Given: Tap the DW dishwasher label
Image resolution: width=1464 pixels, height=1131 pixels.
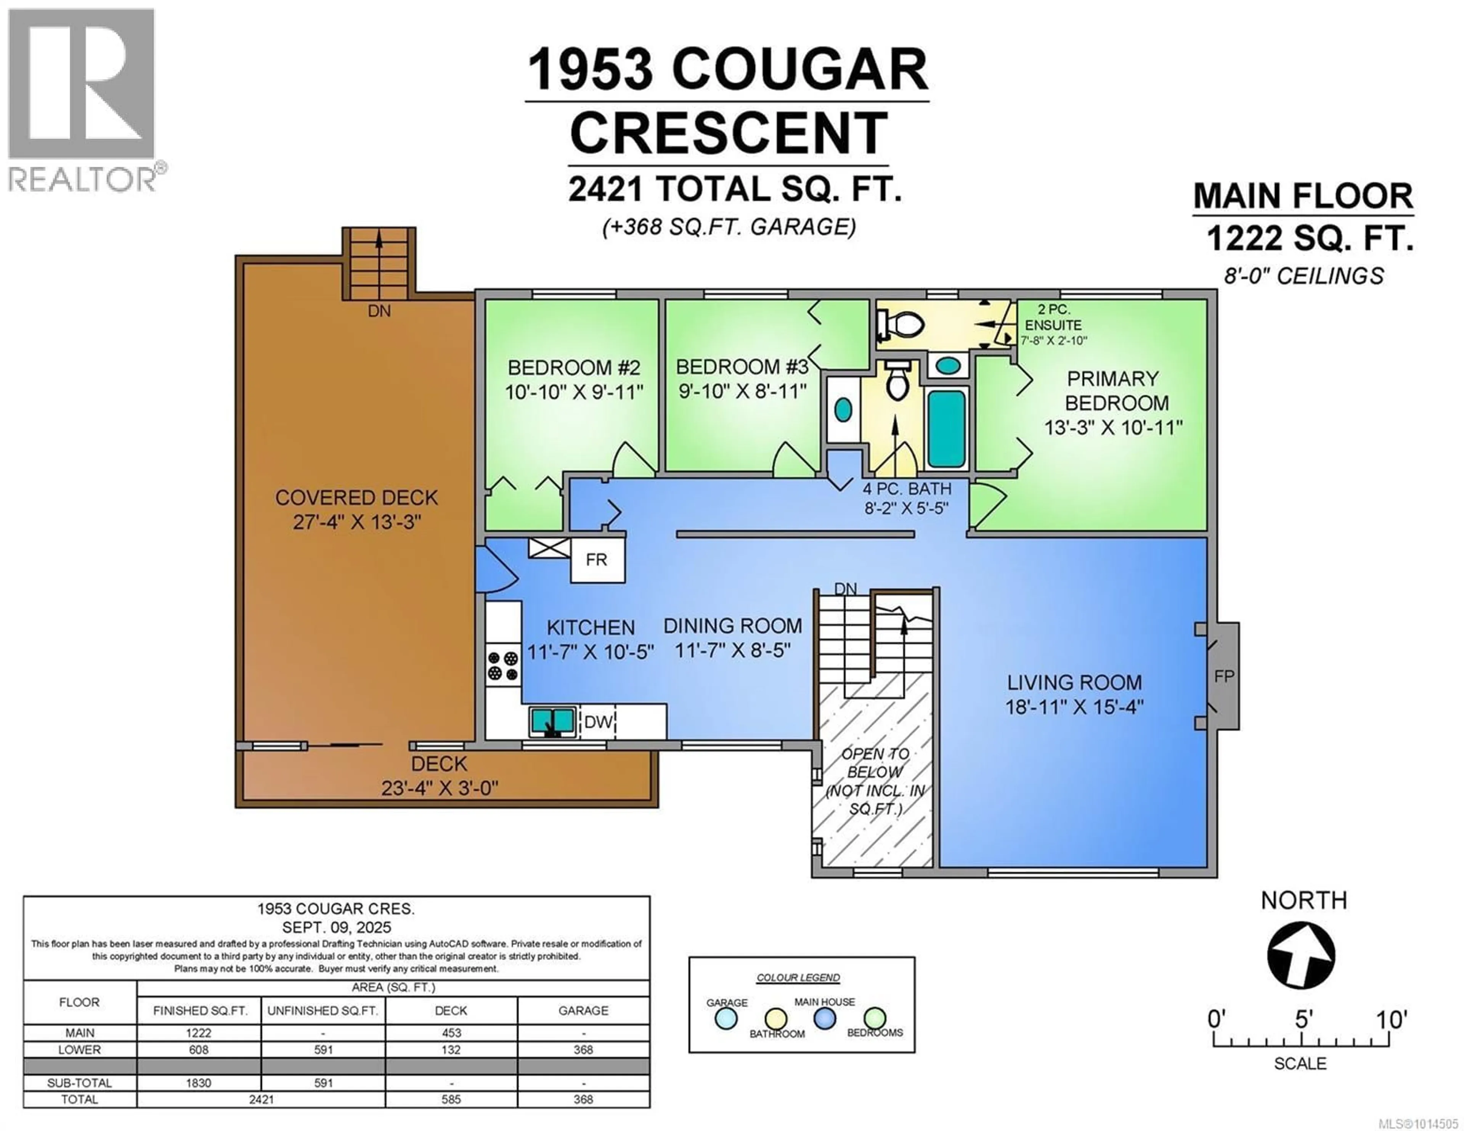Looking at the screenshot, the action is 598,722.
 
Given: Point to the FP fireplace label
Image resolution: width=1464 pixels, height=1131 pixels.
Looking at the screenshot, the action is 1224,677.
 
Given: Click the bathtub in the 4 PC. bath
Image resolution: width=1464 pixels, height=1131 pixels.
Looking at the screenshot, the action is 947,429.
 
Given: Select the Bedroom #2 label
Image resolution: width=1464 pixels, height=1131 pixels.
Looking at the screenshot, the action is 574,367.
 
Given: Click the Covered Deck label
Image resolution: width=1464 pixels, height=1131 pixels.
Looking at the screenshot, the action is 356,497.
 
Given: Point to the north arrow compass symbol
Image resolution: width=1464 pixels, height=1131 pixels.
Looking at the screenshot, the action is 1301,955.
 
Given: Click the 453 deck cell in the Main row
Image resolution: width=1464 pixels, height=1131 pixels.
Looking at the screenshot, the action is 451,1033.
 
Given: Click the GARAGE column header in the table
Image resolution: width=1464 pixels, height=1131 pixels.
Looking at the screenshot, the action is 583,1010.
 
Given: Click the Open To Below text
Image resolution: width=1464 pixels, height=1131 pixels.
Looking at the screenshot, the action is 875,763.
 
